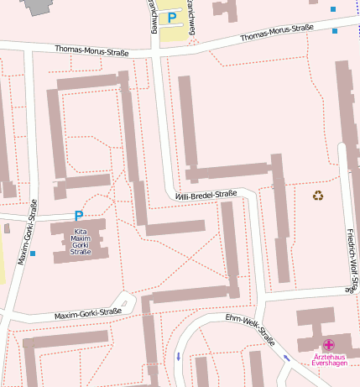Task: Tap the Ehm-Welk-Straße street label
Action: point(250,330)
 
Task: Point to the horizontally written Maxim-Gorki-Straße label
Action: point(88,314)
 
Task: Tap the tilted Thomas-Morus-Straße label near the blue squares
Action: point(277,33)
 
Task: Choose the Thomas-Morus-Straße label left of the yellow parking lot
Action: point(91,52)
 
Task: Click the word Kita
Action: point(81,231)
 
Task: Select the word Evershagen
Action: point(329,363)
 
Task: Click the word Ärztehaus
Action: point(329,356)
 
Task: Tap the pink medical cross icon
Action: point(329,344)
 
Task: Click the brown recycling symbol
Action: point(318,196)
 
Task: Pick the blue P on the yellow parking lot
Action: point(172,17)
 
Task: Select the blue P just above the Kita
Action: point(79,216)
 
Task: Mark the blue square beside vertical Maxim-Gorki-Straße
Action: point(34,253)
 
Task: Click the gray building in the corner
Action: point(38,6)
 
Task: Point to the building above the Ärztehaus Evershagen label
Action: point(315,323)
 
